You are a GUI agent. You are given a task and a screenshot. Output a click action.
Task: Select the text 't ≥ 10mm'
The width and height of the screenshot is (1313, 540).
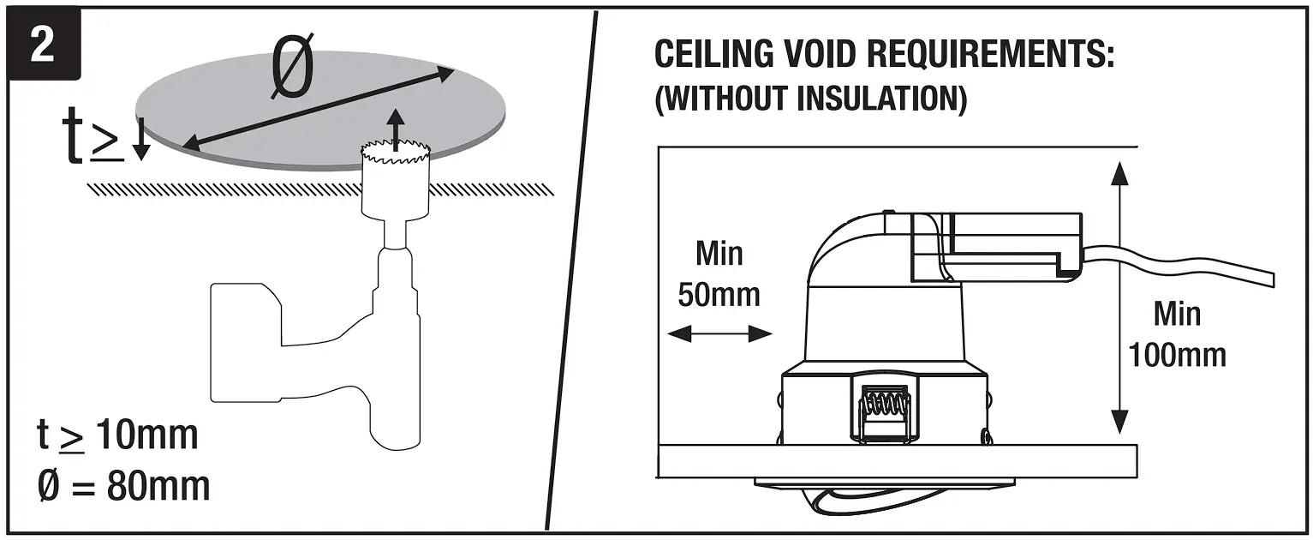point(117,435)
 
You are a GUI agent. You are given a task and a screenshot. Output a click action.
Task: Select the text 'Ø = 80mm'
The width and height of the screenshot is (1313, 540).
point(122,487)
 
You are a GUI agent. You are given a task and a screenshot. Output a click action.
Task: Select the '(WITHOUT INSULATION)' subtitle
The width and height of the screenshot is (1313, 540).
point(811,98)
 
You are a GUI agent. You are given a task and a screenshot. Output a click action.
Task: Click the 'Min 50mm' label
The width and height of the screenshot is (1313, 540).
point(719,274)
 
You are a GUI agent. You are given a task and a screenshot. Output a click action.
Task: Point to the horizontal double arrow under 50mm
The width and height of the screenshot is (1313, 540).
point(719,334)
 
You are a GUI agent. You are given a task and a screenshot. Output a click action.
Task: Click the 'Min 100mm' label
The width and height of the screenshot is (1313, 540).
point(1177,334)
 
